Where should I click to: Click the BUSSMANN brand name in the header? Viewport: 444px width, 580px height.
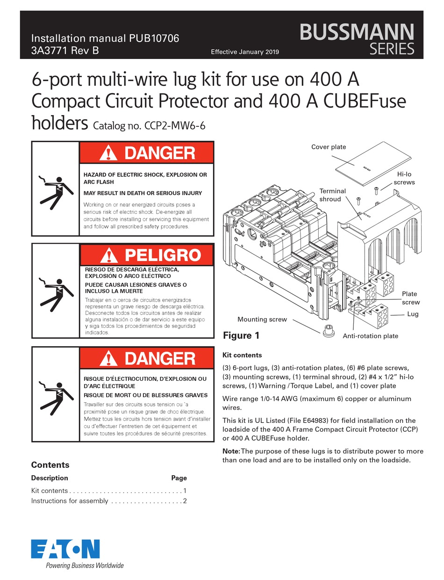click(357, 32)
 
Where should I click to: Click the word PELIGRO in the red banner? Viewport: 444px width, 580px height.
click(162, 255)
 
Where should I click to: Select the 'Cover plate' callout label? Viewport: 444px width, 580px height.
click(329, 147)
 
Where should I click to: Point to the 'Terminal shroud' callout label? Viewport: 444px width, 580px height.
click(332, 195)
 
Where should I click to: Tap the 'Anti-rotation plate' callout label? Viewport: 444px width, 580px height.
click(370, 336)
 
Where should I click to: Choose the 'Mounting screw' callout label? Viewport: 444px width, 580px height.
click(262, 319)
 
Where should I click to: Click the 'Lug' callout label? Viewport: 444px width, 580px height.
click(412, 314)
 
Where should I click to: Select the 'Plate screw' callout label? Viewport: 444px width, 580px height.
click(410, 298)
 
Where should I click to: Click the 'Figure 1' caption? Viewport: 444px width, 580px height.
click(241, 335)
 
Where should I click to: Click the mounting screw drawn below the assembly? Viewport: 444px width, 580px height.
click(328, 329)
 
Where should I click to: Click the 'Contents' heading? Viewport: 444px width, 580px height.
click(50, 464)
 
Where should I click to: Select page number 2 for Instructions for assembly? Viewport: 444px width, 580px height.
click(185, 501)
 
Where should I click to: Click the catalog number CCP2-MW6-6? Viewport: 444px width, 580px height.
click(150, 125)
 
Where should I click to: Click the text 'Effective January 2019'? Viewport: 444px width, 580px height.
click(245, 51)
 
